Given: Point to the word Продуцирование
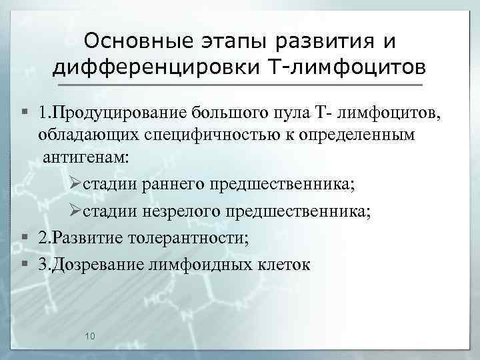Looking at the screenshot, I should pyautogui.click(x=122, y=111).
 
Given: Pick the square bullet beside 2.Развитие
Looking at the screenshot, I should pyautogui.click(x=25, y=238).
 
